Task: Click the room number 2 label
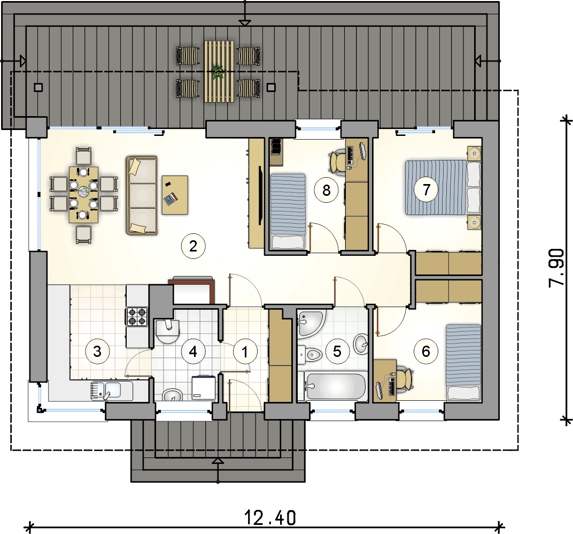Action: coord(193,247)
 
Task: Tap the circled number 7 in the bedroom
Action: coord(426,189)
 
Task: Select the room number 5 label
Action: coord(337,352)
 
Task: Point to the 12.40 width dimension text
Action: coord(270,518)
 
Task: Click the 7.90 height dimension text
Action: coord(556,268)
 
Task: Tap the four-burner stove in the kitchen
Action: coord(137,316)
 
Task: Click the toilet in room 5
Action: coord(309,354)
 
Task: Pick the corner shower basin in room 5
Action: coord(311,323)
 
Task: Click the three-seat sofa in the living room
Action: coord(142,195)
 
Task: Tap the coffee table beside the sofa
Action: coord(175,195)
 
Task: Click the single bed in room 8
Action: coord(288,211)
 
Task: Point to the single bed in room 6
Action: coord(463,362)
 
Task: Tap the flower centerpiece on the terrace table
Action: coord(218,71)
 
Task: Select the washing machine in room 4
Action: coord(204,387)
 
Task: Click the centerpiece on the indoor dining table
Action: coord(84,190)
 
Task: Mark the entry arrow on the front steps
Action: coord(218,461)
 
